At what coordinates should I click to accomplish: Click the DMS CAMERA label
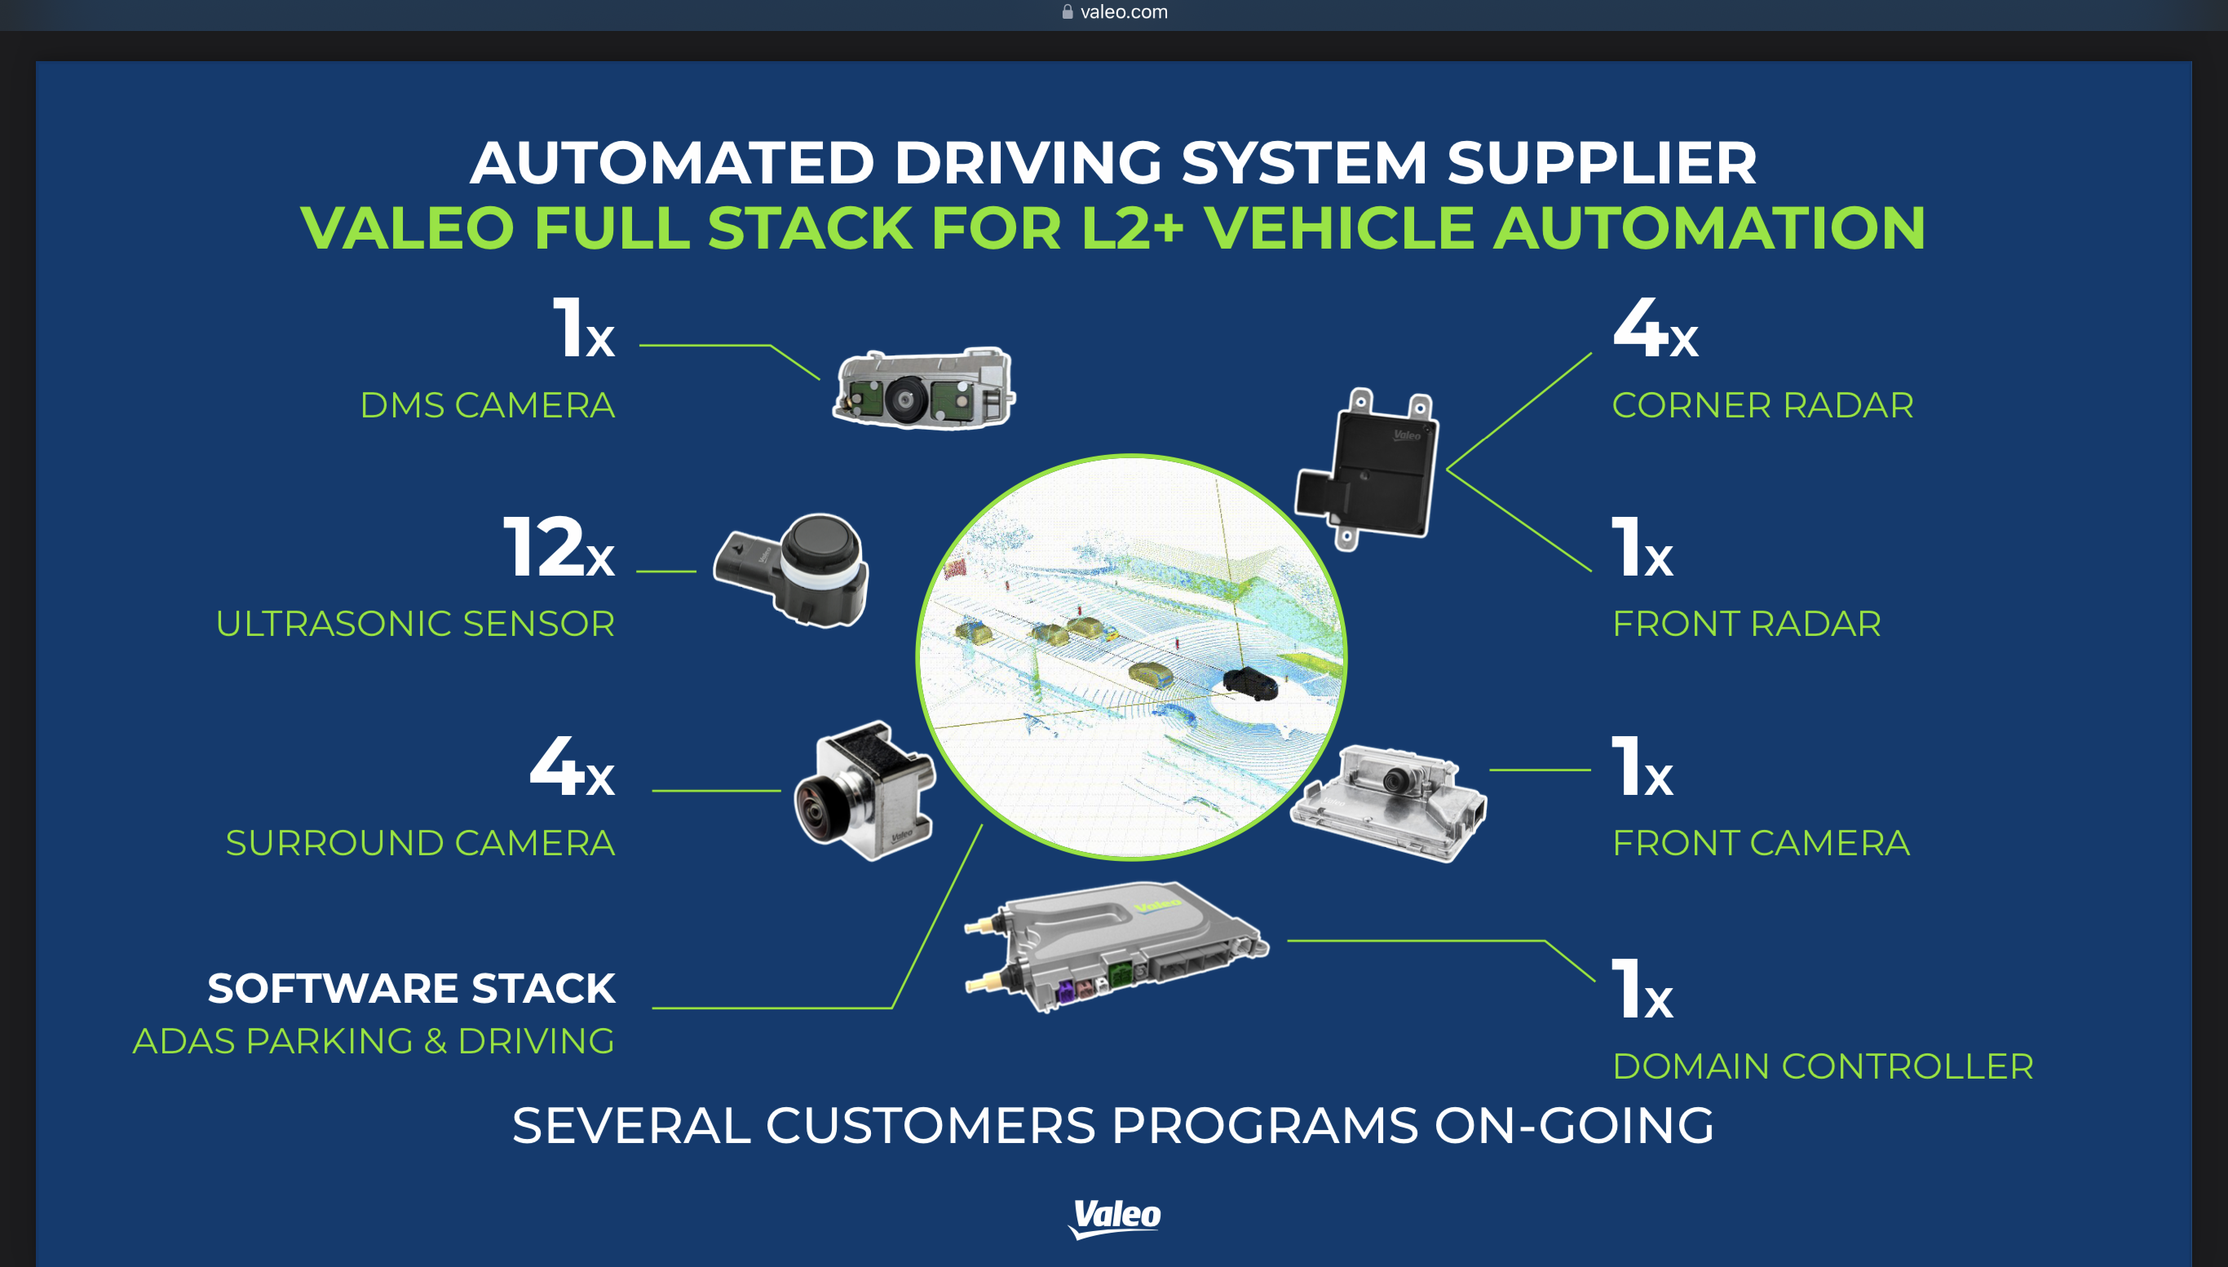point(488,405)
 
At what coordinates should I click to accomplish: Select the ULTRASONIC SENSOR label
point(415,624)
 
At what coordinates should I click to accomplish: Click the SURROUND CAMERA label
point(420,843)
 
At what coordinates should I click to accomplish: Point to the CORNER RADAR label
point(1762,405)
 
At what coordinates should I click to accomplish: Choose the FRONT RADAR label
point(1747,624)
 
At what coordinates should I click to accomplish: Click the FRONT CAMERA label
point(1761,843)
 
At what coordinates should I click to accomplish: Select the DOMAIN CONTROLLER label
point(1823,1066)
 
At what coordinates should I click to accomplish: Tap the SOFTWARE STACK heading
point(411,988)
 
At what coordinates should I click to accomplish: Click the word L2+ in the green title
point(1131,228)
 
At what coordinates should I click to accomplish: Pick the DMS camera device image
point(923,390)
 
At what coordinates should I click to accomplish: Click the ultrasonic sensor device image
point(792,570)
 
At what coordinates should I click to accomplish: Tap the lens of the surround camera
point(816,811)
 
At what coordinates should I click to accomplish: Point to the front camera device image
point(1389,802)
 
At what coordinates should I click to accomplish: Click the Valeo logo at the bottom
point(1115,1216)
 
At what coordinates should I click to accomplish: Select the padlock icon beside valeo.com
point(1068,12)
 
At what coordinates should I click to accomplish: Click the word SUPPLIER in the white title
point(1602,164)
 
